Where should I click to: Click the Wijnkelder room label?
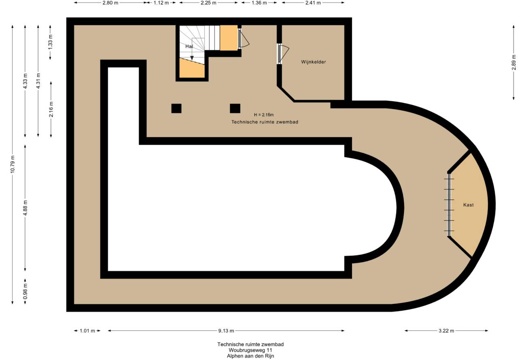coord(313,62)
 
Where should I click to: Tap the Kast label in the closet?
coord(468,205)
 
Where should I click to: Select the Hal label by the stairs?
coord(189,47)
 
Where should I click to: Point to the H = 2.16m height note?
coord(264,115)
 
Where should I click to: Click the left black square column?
coord(176,108)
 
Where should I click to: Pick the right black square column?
coord(235,108)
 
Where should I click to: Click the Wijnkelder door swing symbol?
coord(283,54)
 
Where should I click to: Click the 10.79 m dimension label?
coord(13,164)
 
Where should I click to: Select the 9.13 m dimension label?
coord(226,330)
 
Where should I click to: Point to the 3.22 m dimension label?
coord(446,330)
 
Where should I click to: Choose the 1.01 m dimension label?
coord(87,330)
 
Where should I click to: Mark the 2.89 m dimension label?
coord(514,62)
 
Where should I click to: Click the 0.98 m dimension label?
coord(25,291)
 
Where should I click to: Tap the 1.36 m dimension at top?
coord(259,3)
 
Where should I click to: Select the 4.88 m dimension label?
coord(25,208)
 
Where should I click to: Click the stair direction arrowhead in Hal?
coord(192,58)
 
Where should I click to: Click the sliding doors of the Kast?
coord(449,205)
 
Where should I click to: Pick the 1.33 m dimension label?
coord(50,42)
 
